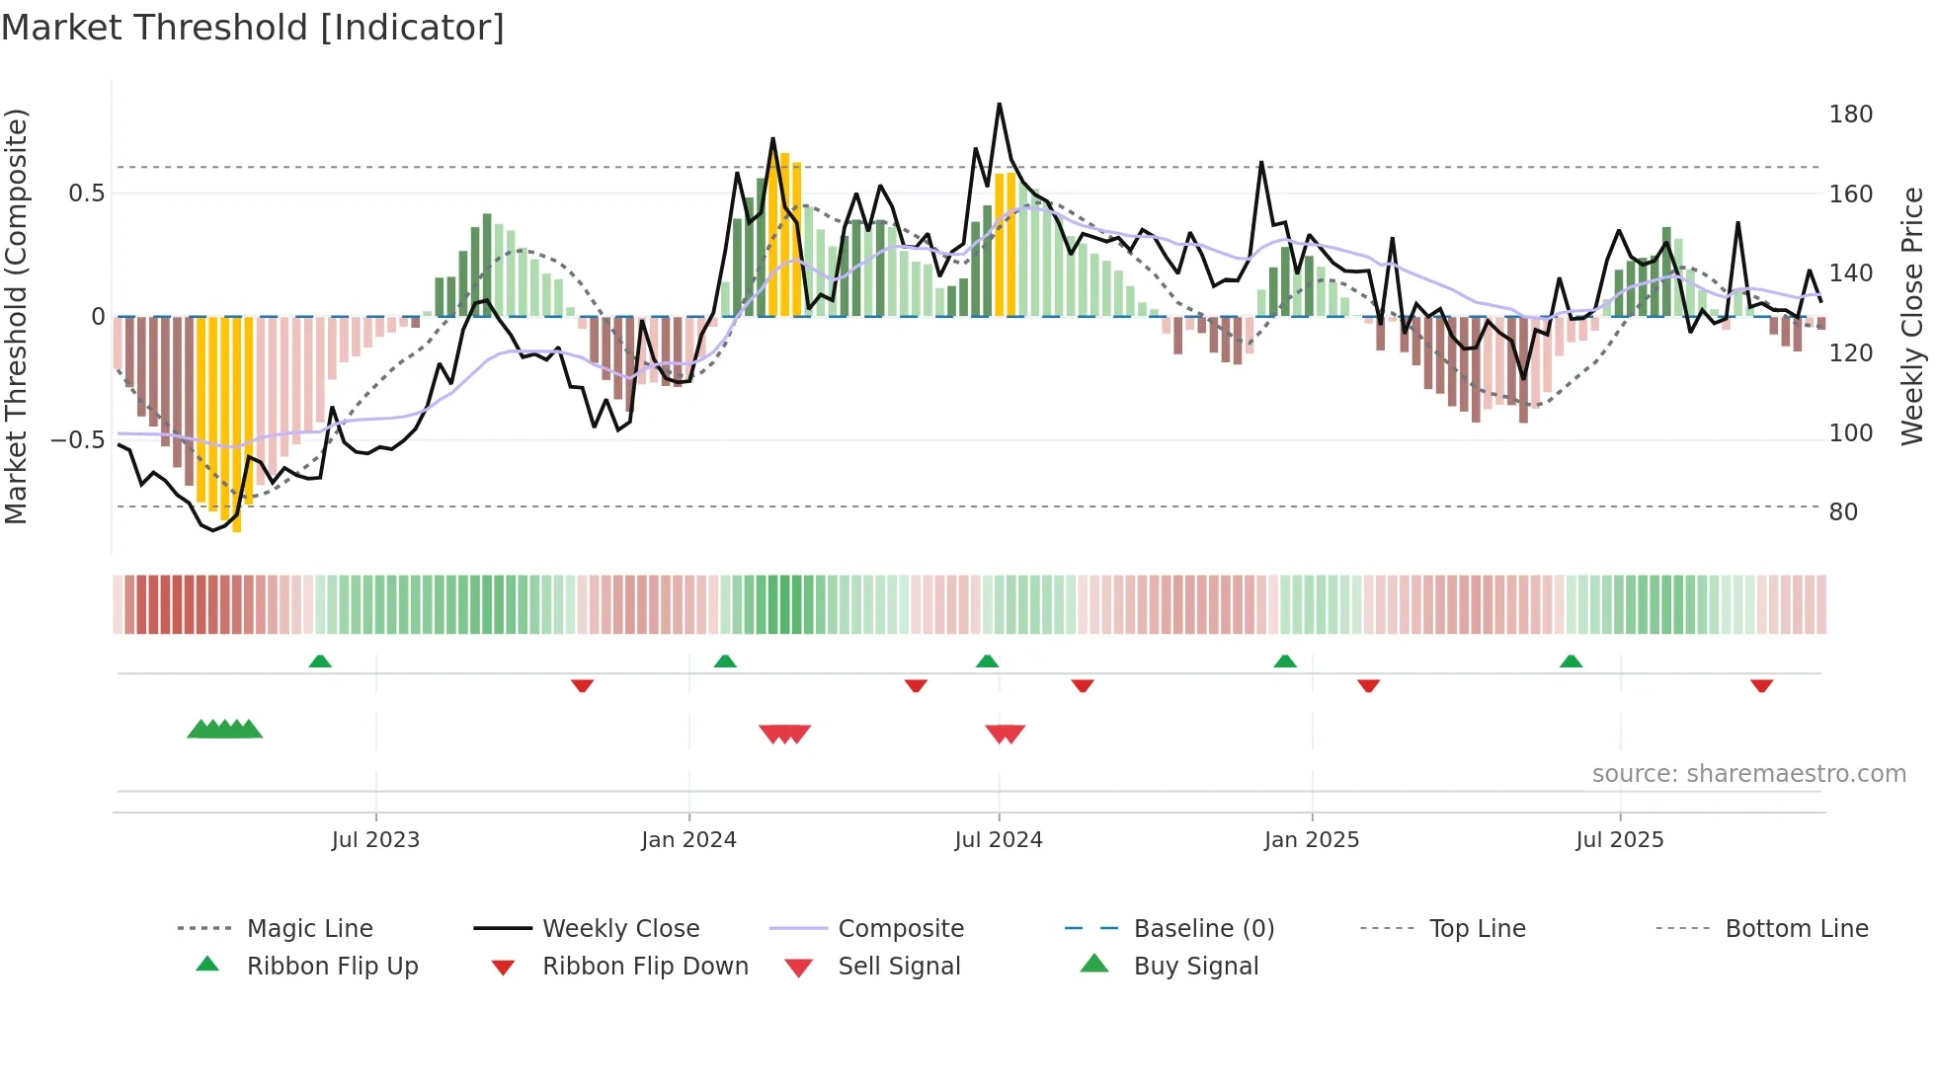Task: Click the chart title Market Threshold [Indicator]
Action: point(253,28)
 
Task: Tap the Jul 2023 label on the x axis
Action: point(375,840)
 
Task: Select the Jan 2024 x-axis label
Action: point(688,840)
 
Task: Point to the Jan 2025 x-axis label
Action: point(1312,840)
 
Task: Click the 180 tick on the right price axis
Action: point(1850,115)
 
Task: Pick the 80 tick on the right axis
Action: point(1843,512)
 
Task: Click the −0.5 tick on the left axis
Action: point(77,440)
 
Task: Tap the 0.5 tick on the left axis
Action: point(86,194)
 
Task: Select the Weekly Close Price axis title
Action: point(1912,316)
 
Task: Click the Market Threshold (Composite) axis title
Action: point(16,316)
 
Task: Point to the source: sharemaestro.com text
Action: point(1748,774)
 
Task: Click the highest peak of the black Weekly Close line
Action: point(999,105)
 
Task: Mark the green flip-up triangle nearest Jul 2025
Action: point(1571,661)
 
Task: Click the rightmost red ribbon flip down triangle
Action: point(1761,685)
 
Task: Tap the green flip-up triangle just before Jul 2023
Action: point(319,661)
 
